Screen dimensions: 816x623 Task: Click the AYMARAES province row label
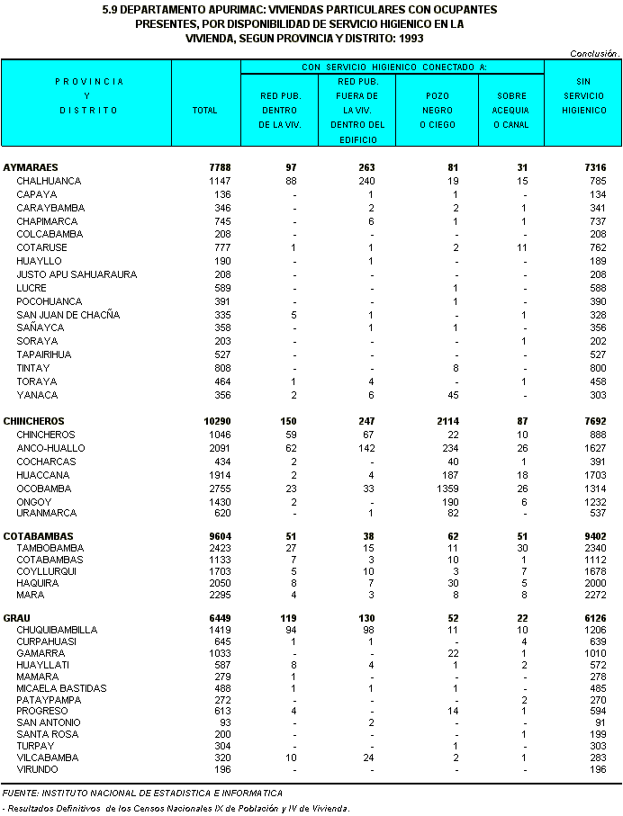31,167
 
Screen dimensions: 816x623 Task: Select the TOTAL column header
204,111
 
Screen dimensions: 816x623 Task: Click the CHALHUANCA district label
49,181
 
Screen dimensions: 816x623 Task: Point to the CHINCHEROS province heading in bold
34,421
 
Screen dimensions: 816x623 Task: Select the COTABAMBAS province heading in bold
38,536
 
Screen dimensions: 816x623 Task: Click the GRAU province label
17,619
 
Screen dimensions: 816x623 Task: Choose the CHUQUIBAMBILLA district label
57,630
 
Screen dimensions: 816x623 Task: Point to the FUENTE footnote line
142,793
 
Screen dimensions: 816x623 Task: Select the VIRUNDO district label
37,769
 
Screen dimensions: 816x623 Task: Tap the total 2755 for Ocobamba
206,489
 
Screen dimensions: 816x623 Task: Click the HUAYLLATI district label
41,665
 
